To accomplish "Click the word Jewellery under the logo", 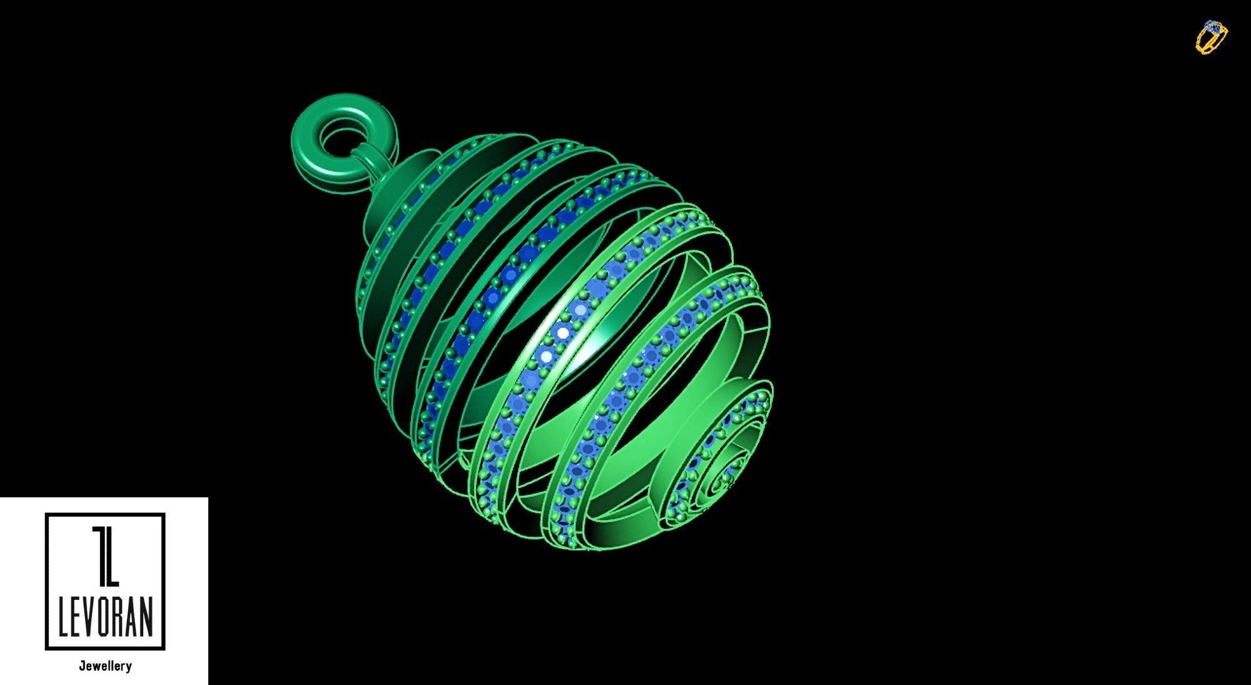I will tap(105, 666).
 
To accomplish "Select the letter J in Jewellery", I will tap(82, 666).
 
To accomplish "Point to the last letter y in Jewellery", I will tap(129, 667).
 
